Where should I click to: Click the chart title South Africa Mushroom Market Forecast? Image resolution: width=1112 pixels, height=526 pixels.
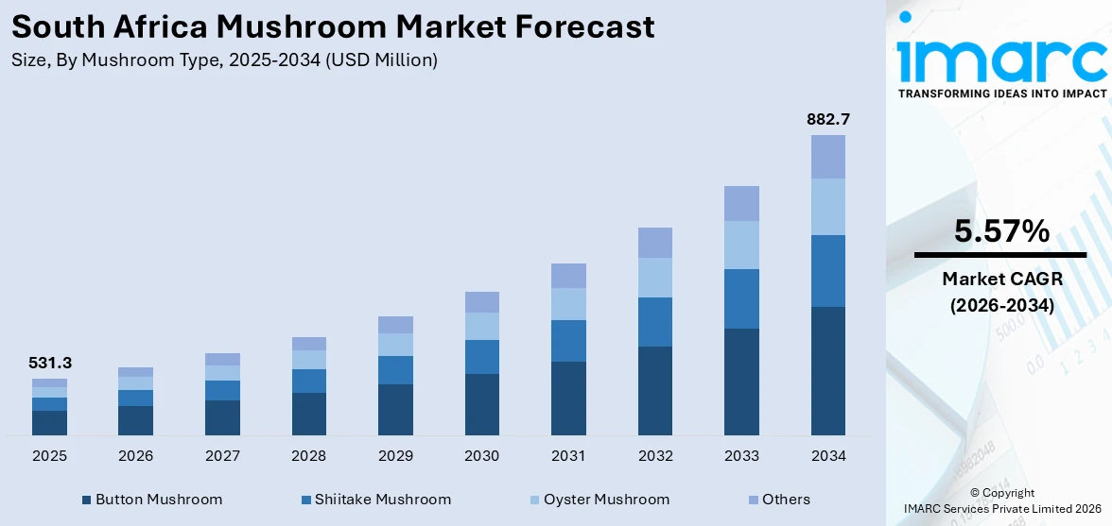[x=333, y=26]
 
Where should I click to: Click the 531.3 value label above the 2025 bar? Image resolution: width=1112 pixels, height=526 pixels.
[x=49, y=363]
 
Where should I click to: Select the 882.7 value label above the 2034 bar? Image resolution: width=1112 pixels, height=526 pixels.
[x=827, y=119]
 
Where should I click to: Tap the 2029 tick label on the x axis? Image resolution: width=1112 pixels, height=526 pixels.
[x=395, y=456]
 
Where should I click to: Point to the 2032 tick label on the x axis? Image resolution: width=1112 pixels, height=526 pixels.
[x=654, y=456]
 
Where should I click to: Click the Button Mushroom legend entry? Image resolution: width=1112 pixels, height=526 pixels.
[x=152, y=500]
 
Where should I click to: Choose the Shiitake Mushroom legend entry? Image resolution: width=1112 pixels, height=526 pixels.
[x=375, y=500]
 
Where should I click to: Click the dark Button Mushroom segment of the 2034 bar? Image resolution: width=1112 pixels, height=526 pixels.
[x=827, y=370]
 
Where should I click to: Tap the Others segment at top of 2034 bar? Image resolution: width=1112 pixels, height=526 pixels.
[x=827, y=157]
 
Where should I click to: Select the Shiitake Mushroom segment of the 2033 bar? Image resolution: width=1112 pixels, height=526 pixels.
[x=741, y=298]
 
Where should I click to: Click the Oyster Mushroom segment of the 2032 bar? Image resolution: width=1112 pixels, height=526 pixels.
[x=654, y=278]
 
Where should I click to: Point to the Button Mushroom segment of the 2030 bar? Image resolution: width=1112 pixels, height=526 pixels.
[x=481, y=404]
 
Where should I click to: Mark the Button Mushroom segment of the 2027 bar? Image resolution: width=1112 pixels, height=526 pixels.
[x=222, y=417]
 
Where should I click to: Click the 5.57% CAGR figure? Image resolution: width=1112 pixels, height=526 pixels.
[x=1000, y=230]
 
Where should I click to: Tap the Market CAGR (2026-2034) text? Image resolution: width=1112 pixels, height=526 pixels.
[x=1000, y=292]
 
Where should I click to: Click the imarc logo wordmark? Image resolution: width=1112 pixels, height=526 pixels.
[x=1000, y=59]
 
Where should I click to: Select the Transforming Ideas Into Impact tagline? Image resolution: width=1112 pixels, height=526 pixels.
[x=1000, y=93]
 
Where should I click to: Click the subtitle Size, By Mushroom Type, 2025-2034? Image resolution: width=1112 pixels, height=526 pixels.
[x=224, y=60]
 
